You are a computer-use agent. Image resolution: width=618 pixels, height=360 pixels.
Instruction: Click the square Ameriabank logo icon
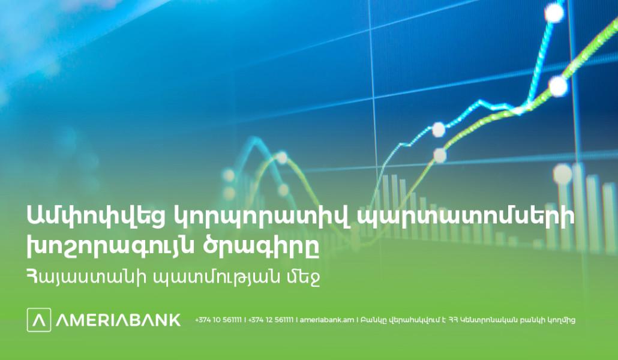click(x=39, y=320)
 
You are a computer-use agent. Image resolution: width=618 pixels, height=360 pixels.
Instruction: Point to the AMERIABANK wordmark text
click(x=118, y=320)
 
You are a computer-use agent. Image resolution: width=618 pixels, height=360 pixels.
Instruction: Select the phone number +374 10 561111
click(x=218, y=320)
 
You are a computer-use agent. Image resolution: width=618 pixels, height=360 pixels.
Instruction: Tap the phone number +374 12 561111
click(x=271, y=320)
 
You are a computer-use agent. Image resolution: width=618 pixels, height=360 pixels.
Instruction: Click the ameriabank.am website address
click(x=327, y=320)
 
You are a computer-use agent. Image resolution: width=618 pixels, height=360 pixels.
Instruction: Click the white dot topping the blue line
click(x=554, y=13)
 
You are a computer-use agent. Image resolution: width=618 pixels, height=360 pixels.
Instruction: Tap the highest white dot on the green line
click(x=557, y=86)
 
